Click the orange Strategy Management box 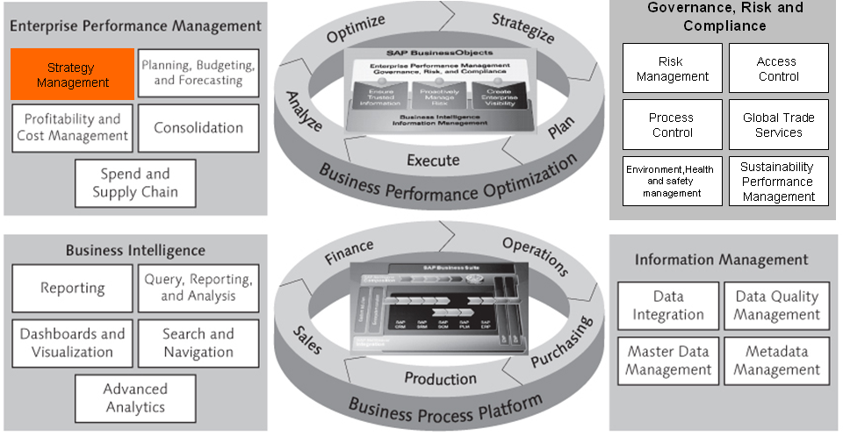point(72,75)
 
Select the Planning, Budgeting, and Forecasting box point(198,73)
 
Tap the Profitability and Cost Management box point(73,127)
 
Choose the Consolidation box point(198,128)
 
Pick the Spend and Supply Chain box point(134,182)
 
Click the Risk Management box point(673,69)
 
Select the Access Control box point(778,69)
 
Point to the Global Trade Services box point(778,125)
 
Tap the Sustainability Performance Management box point(778,182)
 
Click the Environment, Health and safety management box point(673,182)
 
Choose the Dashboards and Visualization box point(73,343)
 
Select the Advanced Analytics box point(134,397)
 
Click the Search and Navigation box point(198,343)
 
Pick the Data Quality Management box point(776,306)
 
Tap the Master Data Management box point(668,361)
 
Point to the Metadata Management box point(776,361)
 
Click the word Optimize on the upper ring point(357,29)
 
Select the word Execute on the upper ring point(433,160)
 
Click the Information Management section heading point(722,260)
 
